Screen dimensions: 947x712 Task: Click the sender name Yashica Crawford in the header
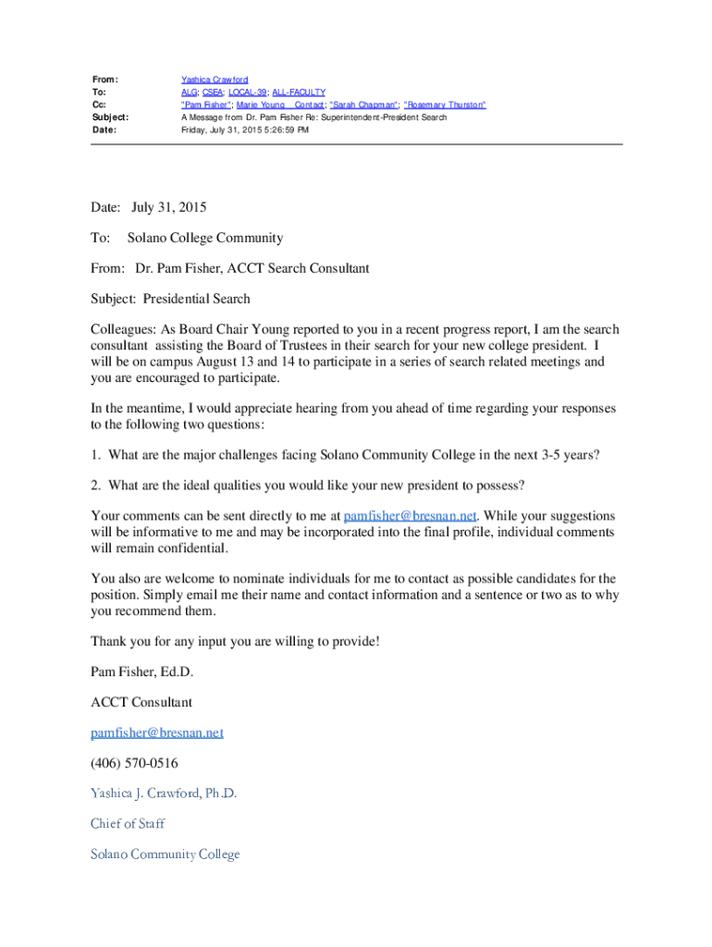215,80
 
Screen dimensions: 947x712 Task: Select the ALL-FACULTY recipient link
300,92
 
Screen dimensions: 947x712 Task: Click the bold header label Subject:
109,117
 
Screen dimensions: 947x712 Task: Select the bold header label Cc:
99,105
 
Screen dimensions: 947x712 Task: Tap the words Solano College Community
205,238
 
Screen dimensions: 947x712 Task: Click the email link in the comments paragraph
410,515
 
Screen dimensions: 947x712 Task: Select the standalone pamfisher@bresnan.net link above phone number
157,732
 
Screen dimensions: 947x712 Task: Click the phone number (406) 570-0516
134,763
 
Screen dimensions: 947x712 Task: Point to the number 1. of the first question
95,455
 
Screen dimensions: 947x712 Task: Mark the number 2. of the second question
95,485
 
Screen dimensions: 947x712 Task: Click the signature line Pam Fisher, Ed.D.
141,671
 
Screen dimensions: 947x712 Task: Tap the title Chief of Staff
128,823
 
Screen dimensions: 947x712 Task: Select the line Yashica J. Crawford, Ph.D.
164,793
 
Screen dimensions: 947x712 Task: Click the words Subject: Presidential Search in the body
170,299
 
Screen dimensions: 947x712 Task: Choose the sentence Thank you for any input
235,641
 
